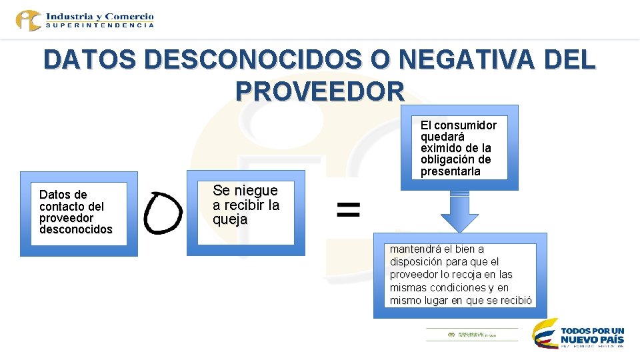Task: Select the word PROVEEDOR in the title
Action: tap(320, 91)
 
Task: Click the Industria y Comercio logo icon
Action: tap(29, 20)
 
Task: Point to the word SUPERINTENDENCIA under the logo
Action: tap(100, 25)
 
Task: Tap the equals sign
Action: tap(348, 210)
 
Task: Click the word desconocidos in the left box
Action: tap(76, 229)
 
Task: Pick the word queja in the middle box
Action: tap(230, 219)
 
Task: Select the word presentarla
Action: tap(450, 171)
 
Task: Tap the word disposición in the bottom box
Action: tap(417, 262)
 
